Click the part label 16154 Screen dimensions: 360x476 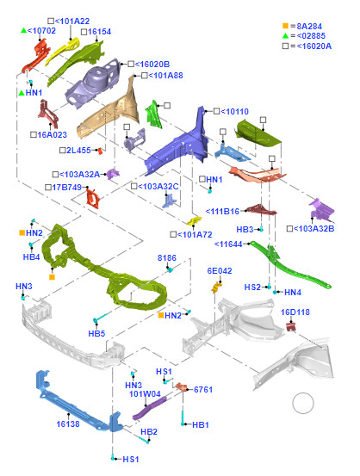(99, 32)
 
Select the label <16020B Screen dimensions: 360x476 (152, 65)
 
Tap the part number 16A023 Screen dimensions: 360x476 (52, 135)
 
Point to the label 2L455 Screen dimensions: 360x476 (78, 151)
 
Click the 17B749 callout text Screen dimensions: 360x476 (66, 188)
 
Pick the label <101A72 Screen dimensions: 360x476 (195, 235)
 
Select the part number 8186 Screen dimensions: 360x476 (167, 258)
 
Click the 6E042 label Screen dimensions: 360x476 (220, 271)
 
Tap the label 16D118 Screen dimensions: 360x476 (295, 312)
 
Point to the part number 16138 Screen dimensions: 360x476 (68, 424)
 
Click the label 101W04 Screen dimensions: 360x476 (145, 394)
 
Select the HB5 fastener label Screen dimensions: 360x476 (96, 334)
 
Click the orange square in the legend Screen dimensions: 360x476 (285, 26)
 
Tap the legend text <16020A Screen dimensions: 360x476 (313, 46)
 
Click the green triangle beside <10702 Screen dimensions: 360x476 (24, 30)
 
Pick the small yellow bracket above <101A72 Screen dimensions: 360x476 (194, 220)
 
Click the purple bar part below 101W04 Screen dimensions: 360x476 (150, 408)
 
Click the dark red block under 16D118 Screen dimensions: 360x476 (291, 327)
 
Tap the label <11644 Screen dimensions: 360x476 (228, 244)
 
